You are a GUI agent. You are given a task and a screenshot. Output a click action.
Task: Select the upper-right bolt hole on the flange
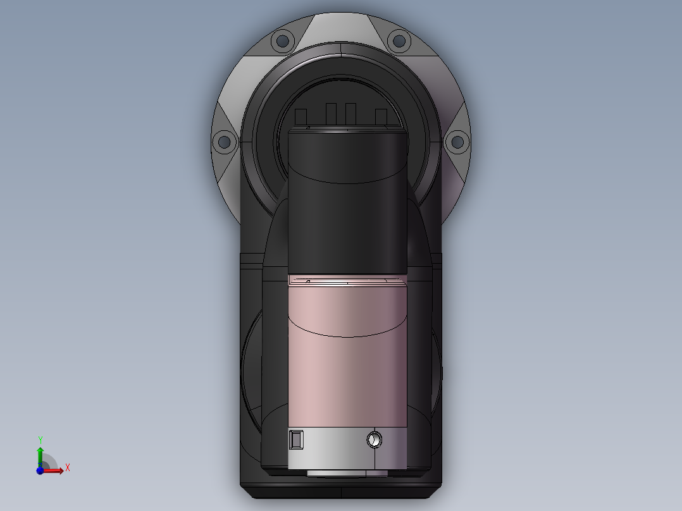(399, 42)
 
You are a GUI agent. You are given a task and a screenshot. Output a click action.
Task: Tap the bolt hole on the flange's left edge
(223, 142)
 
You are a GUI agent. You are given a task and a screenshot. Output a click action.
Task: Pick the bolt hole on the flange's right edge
(456, 142)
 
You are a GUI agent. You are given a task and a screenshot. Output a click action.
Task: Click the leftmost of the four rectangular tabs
(301, 117)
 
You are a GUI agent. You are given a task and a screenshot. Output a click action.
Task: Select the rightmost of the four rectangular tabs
(380, 116)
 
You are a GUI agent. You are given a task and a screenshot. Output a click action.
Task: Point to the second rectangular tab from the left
(331, 114)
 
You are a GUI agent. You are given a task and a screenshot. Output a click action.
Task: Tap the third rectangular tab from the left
(350, 114)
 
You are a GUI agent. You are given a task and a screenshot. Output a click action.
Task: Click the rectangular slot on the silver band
(296, 439)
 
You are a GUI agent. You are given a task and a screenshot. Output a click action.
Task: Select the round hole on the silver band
(375, 438)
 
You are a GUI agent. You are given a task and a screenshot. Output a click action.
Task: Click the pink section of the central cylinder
(347, 367)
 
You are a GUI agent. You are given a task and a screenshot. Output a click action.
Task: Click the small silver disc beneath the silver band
(347, 472)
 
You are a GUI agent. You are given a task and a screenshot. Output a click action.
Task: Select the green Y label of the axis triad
(40, 439)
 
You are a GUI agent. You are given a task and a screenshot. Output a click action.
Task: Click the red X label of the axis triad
(68, 468)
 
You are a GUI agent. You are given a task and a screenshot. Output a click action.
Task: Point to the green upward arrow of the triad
(40, 454)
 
